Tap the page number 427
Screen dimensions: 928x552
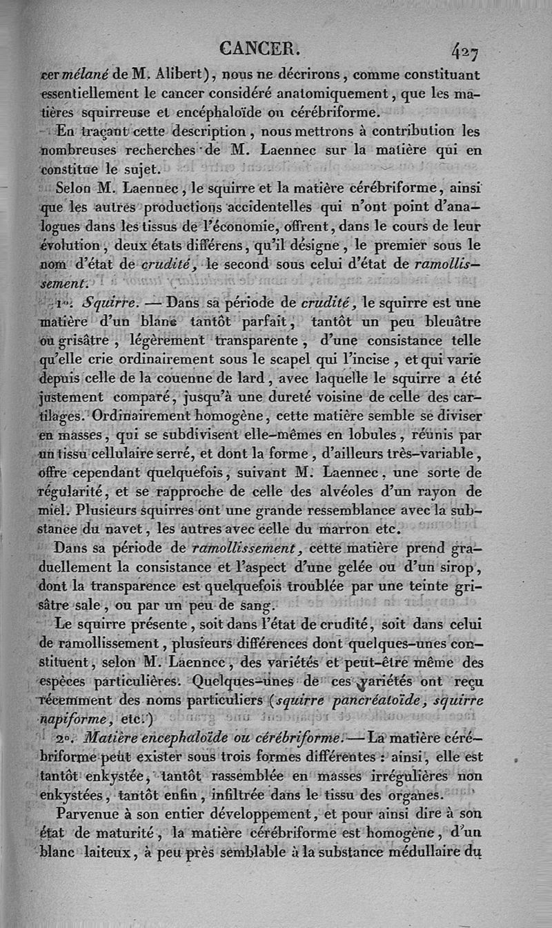(x=466, y=51)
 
